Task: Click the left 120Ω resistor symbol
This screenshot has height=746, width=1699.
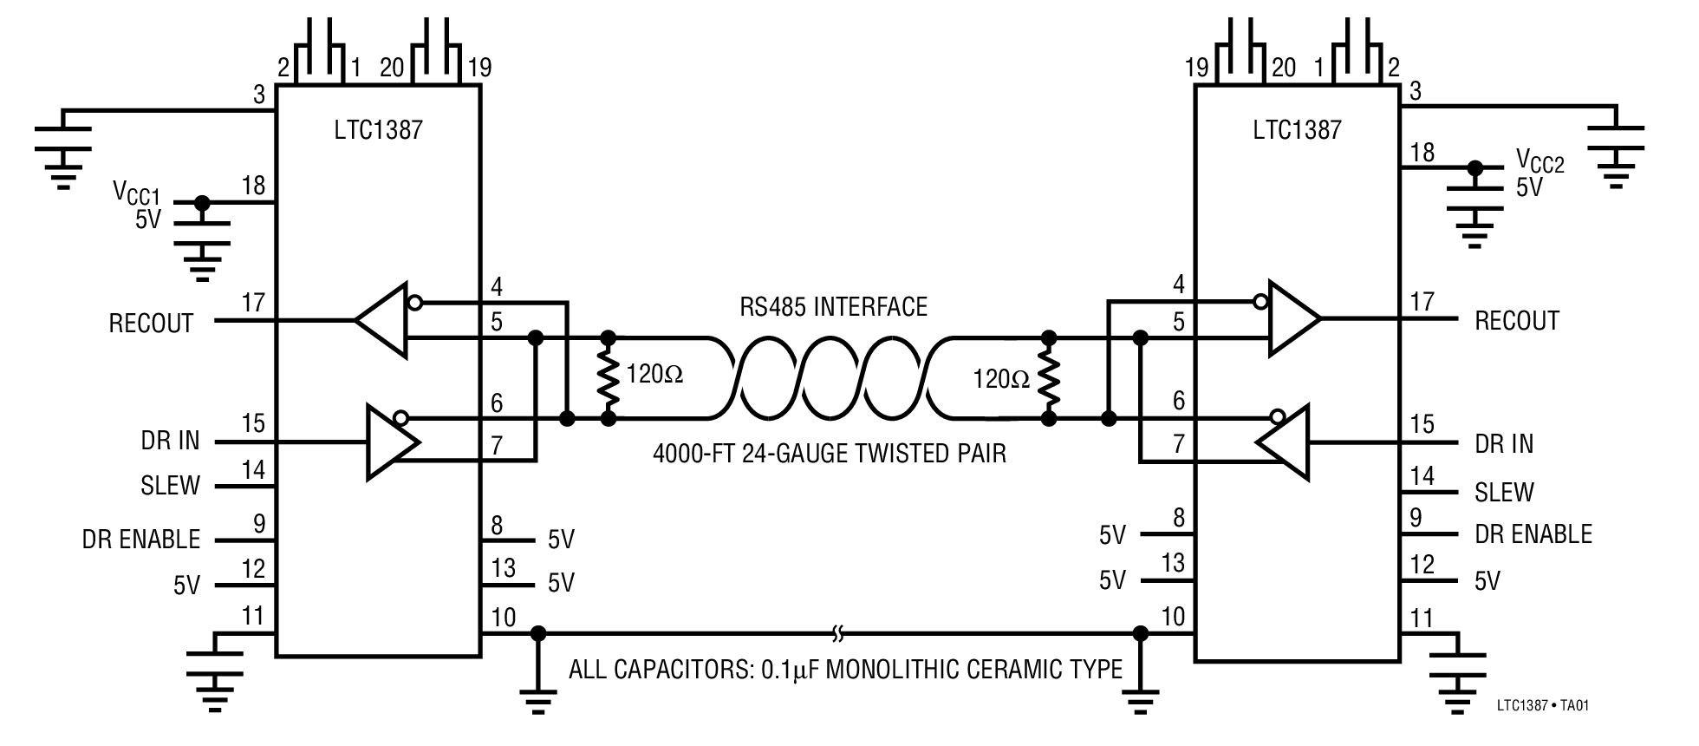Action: click(x=609, y=377)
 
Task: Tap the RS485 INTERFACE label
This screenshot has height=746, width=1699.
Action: click(x=832, y=306)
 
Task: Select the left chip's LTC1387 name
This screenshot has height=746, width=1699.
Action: click(x=379, y=130)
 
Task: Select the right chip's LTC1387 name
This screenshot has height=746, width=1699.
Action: click(x=1297, y=130)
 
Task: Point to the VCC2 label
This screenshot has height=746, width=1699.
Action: click(x=1540, y=161)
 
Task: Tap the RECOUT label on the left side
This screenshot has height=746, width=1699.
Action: click(x=151, y=324)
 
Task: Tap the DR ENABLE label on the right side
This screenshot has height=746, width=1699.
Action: click(x=1533, y=534)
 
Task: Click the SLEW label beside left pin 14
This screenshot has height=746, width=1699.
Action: click(x=170, y=486)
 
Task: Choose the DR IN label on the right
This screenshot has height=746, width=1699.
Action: click(x=1504, y=444)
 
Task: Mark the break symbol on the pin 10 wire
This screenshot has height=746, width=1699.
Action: click(x=837, y=635)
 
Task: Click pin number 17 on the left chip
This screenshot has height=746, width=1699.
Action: click(x=252, y=304)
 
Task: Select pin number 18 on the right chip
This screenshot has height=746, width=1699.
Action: click(x=1422, y=153)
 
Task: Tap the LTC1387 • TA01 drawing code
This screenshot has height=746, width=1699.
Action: click(x=1542, y=705)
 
